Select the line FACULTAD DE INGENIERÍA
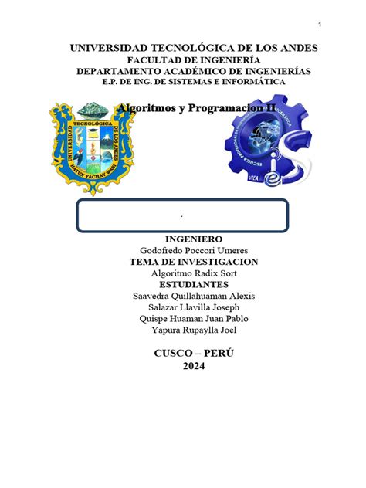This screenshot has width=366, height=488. [183, 60]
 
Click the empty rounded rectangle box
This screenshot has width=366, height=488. [182, 215]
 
